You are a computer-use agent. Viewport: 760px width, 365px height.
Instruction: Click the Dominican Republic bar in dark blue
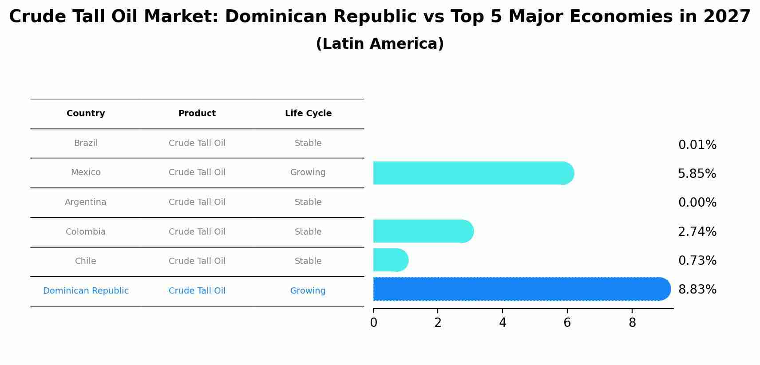tap(519, 289)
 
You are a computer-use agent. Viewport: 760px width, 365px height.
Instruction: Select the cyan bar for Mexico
tap(471, 173)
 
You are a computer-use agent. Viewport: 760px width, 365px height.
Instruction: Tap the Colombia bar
tap(422, 231)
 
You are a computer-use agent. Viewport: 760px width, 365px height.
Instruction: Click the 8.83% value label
tap(697, 290)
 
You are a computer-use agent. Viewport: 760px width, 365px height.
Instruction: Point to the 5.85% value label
tap(697, 174)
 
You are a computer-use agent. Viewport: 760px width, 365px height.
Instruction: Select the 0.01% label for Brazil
tap(697, 145)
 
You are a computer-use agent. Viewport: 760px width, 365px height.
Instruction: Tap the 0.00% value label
tap(697, 203)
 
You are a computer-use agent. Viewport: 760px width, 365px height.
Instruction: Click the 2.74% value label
tap(697, 232)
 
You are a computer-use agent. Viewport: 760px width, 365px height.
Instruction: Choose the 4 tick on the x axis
tap(503, 323)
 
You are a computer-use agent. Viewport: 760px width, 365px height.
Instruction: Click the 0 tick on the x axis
tap(373, 323)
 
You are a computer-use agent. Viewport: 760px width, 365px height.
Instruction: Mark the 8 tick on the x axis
tap(632, 323)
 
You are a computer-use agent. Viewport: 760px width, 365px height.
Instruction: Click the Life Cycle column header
tap(308, 114)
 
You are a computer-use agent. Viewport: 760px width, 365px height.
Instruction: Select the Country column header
tap(86, 114)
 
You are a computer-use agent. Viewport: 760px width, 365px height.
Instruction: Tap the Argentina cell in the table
tap(86, 202)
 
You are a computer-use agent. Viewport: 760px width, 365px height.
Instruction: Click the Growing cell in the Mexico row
tap(308, 173)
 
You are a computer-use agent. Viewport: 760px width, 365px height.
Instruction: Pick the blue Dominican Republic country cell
tap(86, 291)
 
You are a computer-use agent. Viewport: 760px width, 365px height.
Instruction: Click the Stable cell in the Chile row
tap(308, 261)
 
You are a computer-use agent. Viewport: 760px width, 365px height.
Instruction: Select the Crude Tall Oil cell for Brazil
tap(197, 143)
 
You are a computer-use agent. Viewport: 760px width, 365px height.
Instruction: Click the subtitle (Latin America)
tap(380, 44)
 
